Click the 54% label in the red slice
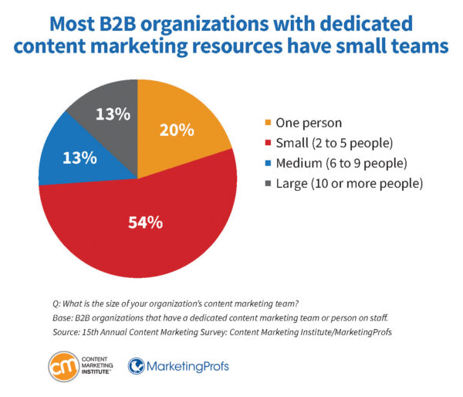point(145,222)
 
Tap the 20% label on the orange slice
point(177,129)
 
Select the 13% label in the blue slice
point(79,158)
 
